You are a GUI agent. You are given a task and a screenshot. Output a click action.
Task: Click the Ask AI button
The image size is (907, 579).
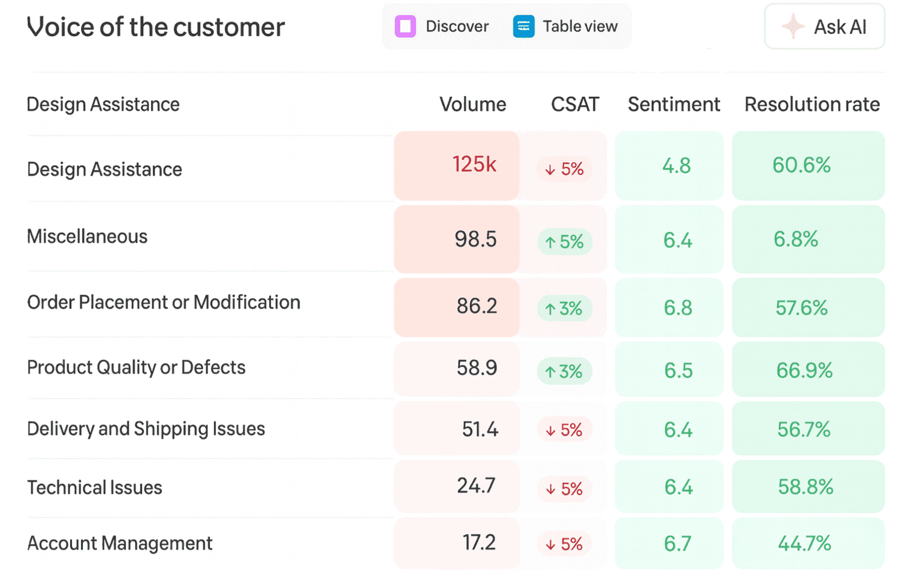(x=824, y=27)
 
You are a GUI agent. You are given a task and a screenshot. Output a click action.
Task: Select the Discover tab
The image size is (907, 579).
(x=442, y=27)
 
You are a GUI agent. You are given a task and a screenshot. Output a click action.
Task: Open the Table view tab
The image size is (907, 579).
(x=565, y=27)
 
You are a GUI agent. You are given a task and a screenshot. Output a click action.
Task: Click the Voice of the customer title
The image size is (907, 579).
(x=156, y=27)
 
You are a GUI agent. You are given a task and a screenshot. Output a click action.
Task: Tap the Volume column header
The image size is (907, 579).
(x=473, y=104)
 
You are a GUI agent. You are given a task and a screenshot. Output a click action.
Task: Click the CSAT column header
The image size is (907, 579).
(x=575, y=104)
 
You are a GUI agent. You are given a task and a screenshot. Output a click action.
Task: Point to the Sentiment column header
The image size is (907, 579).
(x=674, y=104)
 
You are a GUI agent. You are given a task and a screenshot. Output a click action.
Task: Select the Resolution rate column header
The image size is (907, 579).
(x=812, y=104)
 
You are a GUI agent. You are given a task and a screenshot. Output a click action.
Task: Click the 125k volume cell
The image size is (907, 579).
(x=457, y=165)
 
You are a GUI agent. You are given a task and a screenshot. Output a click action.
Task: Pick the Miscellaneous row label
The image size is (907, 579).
(x=87, y=236)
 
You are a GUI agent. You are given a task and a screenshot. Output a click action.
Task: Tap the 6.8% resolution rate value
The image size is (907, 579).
(x=796, y=239)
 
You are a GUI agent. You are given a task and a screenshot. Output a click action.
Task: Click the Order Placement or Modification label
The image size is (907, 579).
(x=164, y=303)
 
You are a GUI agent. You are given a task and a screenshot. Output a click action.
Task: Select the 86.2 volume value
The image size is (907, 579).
(x=476, y=306)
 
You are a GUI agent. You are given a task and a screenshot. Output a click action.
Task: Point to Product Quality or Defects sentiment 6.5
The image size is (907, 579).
(x=678, y=370)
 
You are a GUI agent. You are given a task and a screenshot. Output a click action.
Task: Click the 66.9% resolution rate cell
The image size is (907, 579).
(x=808, y=369)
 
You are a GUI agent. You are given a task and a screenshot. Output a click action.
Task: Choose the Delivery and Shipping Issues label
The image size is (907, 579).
(x=146, y=429)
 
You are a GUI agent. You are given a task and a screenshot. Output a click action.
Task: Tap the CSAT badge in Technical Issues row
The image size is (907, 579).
(x=564, y=489)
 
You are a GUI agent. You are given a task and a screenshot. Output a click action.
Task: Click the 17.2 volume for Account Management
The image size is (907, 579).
(x=479, y=543)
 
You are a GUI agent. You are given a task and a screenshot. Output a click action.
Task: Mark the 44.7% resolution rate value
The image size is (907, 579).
(x=805, y=543)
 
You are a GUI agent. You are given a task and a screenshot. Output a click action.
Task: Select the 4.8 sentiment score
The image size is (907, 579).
(x=677, y=166)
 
